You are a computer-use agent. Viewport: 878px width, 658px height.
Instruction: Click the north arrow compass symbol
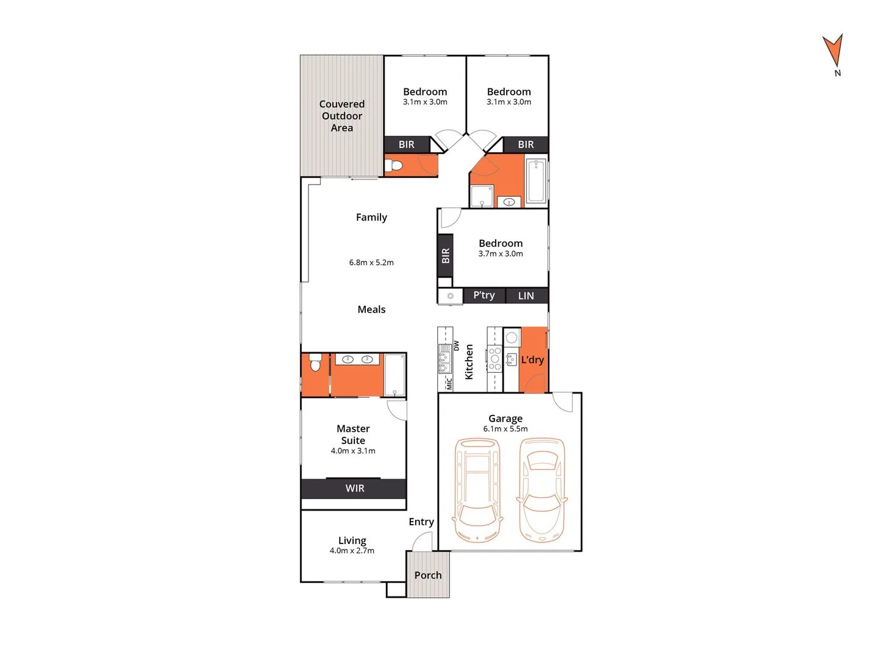click(x=833, y=51)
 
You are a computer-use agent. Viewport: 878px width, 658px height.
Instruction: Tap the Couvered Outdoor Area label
click(x=342, y=116)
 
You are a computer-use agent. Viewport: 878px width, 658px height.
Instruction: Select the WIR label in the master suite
click(x=355, y=489)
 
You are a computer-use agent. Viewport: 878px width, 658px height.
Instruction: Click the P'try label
click(x=484, y=295)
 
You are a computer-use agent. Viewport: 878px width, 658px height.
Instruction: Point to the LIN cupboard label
click(x=526, y=296)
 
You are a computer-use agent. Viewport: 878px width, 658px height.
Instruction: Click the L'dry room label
click(x=532, y=360)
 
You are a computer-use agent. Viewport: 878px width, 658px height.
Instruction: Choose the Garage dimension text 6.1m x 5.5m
click(x=505, y=429)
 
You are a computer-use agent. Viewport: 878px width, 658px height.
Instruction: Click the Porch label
click(x=428, y=575)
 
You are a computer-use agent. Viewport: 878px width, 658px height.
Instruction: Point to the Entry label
click(x=421, y=522)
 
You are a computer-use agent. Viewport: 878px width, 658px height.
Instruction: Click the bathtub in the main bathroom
click(x=537, y=181)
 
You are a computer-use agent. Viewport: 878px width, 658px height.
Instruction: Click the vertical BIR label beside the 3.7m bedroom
click(x=446, y=256)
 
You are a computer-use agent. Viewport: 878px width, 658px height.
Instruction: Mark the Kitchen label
click(x=469, y=362)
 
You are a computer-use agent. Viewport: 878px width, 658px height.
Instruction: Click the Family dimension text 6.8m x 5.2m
click(x=371, y=263)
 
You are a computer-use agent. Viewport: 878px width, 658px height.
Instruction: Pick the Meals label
click(x=371, y=310)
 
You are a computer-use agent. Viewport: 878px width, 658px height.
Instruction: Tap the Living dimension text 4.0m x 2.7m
click(x=352, y=551)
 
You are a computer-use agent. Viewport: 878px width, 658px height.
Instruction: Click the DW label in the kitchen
click(x=456, y=345)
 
